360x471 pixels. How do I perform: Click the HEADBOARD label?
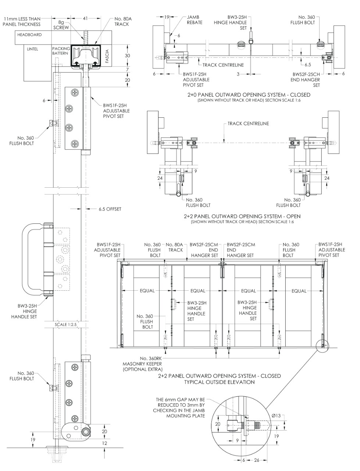click(x=29, y=35)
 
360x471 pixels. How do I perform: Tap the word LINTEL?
click(x=32, y=49)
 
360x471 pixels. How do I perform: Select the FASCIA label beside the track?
click(x=107, y=56)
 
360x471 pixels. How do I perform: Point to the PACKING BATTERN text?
click(x=61, y=51)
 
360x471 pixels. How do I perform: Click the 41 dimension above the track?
click(x=85, y=18)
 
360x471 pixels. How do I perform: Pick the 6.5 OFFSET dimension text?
click(x=110, y=209)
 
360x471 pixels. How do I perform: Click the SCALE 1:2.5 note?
click(x=65, y=325)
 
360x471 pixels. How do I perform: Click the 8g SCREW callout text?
click(x=61, y=25)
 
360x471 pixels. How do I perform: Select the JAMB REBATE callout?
click(x=195, y=20)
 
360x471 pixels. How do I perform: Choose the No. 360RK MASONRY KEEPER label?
click(x=142, y=364)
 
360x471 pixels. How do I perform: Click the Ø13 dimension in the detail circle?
click(x=276, y=416)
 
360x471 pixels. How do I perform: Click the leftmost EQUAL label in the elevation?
click(x=147, y=291)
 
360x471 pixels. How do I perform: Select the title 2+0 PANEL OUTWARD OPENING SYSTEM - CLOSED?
click(x=249, y=95)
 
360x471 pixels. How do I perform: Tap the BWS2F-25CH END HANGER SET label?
click(x=306, y=80)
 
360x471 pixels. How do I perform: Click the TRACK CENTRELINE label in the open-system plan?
click(x=248, y=124)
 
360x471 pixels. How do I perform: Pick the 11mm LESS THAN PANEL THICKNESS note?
click(x=22, y=21)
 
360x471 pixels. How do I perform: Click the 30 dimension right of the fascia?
click(x=127, y=56)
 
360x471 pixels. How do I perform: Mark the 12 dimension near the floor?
click(x=104, y=443)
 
